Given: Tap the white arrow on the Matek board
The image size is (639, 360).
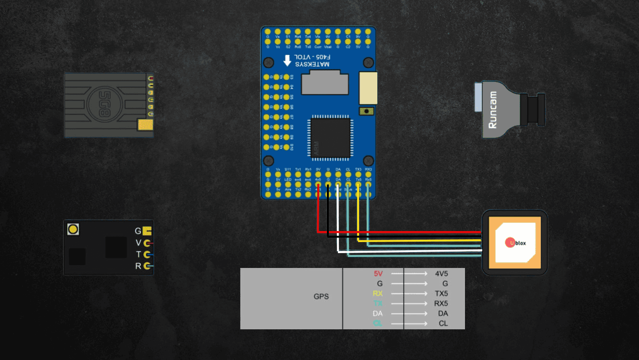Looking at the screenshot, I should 287,60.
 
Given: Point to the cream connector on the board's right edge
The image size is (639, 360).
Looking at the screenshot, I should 368,88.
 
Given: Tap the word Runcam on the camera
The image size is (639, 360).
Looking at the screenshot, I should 492,110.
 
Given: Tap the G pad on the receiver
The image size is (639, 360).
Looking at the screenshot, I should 147,231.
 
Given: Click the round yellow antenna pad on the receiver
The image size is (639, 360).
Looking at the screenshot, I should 73,229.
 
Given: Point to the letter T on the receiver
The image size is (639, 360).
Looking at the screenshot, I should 139,255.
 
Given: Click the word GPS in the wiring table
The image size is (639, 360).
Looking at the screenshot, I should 321,297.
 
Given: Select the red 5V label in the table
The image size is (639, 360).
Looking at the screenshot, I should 378,274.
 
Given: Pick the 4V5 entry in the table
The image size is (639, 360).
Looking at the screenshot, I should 441,274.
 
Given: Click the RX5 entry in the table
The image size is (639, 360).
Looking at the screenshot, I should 441,303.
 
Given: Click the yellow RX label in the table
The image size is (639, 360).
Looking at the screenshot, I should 378,293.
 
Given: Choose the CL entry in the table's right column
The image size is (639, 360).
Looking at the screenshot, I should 443,324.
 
